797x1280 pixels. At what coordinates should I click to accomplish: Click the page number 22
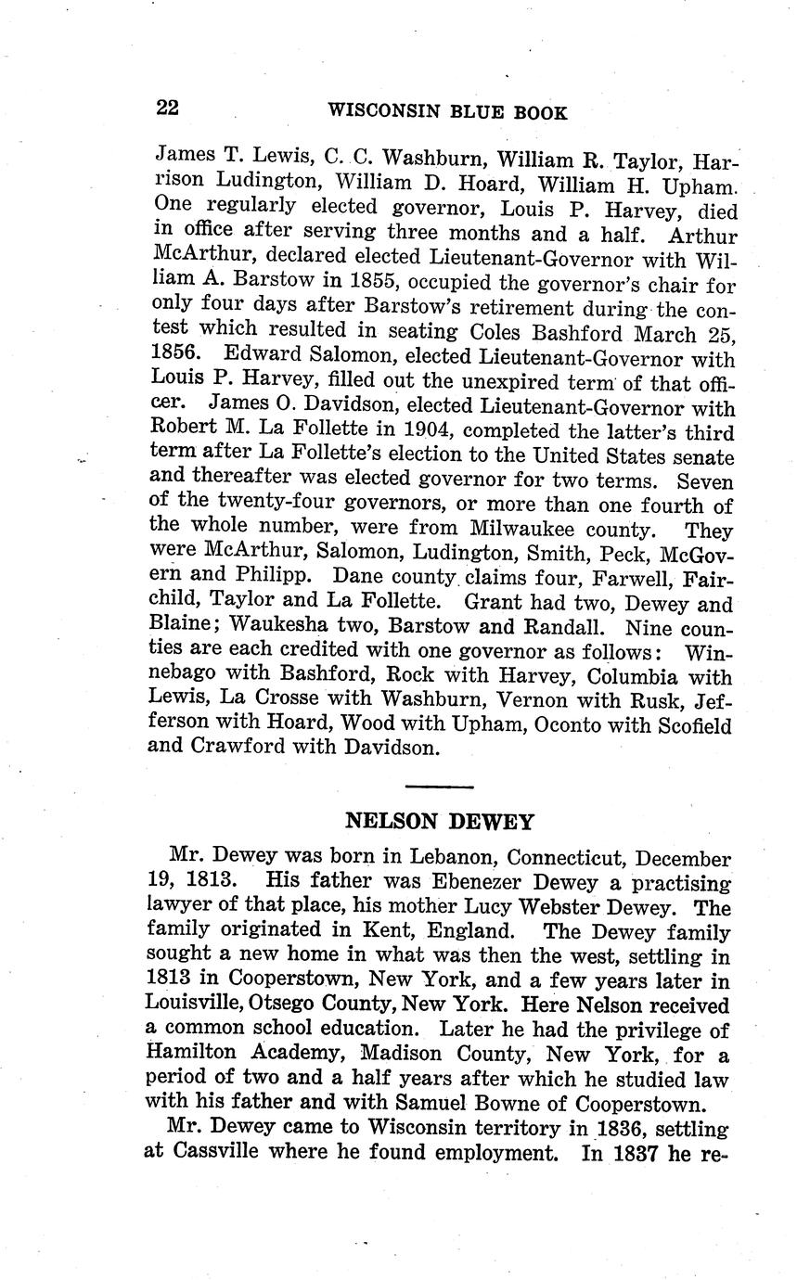pos(167,108)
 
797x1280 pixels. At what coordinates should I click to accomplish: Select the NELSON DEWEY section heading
pos(439,821)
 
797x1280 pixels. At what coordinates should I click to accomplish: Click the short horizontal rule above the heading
pos(439,787)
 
